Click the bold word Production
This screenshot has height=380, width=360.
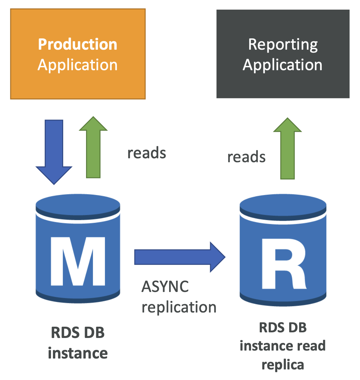click(x=77, y=44)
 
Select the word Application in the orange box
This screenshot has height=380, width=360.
click(x=77, y=65)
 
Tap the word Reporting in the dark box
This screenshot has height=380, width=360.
click(x=283, y=45)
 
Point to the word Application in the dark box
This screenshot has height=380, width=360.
click(x=283, y=65)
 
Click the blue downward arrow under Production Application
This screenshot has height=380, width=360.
click(x=54, y=152)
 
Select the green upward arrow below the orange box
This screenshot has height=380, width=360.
click(x=93, y=147)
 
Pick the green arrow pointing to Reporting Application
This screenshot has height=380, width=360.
click(x=288, y=148)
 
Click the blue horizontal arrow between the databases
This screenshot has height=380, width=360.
click(x=180, y=257)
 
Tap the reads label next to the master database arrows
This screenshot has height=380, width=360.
click(x=147, y=153)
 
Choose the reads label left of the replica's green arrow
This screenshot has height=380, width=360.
click(x=247, y=157)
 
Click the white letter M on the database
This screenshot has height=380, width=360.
click(x=78, y=261)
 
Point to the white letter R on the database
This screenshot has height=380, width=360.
click(x=284, y=264)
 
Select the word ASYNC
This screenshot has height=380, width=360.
click(x=165, y=286)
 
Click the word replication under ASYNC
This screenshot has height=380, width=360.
click(x=179, y=308)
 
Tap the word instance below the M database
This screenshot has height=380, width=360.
click(x=78, y=353)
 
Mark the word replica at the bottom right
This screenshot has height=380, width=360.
click(x=283, y=365)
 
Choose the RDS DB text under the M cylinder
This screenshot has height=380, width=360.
click(x=78, y=332)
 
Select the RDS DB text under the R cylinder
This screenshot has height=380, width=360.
click(x=283, y=327)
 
